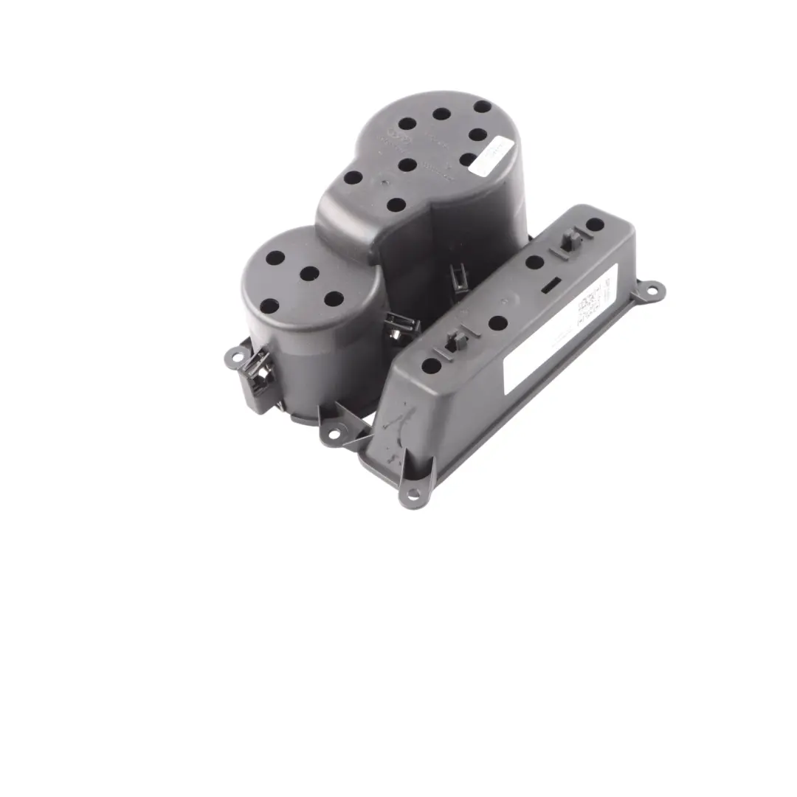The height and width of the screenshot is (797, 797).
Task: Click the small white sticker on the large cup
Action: coord(492,155)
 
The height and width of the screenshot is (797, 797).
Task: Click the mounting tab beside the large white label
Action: coord(652,291)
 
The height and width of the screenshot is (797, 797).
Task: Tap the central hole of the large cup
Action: coord(407,165)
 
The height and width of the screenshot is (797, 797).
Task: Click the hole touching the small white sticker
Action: coord(468,159)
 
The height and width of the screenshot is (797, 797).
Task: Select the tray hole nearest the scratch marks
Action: coord(431,365)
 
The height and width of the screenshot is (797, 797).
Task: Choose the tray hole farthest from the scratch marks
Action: coord(594,224)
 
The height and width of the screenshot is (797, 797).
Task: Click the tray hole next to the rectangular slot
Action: coord(535,262)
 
